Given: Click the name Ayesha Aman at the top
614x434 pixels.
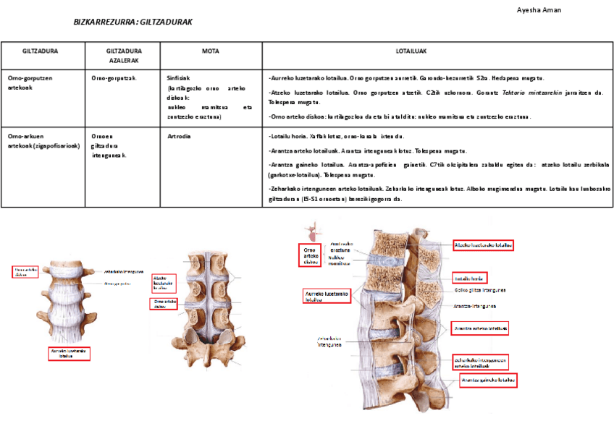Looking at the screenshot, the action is [x=539, y=9].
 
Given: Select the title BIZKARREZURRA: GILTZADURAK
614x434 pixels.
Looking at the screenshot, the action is [x=133, y=22].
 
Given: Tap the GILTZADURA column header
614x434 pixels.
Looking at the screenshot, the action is [x=41, y=51].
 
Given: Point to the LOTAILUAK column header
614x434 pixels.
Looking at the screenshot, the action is [x=411, y=51].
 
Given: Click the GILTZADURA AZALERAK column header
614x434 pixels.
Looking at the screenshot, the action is [x=123, y=56].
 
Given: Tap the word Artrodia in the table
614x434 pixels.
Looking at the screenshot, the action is [x=180, y=136].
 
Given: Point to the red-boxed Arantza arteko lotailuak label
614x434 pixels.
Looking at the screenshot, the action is [x=480, y=328].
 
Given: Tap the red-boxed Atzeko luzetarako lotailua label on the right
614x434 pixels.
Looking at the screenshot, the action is [x=483, y=245].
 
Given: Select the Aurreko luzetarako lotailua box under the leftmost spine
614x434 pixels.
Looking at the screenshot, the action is [x=69, y=353].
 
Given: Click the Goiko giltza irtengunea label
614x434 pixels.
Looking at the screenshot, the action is [x=479, y=290].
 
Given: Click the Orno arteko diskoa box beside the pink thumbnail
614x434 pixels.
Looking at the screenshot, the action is [x=310, y=255].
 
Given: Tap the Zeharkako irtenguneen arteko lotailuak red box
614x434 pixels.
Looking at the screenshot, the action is [x=480, y=362].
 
